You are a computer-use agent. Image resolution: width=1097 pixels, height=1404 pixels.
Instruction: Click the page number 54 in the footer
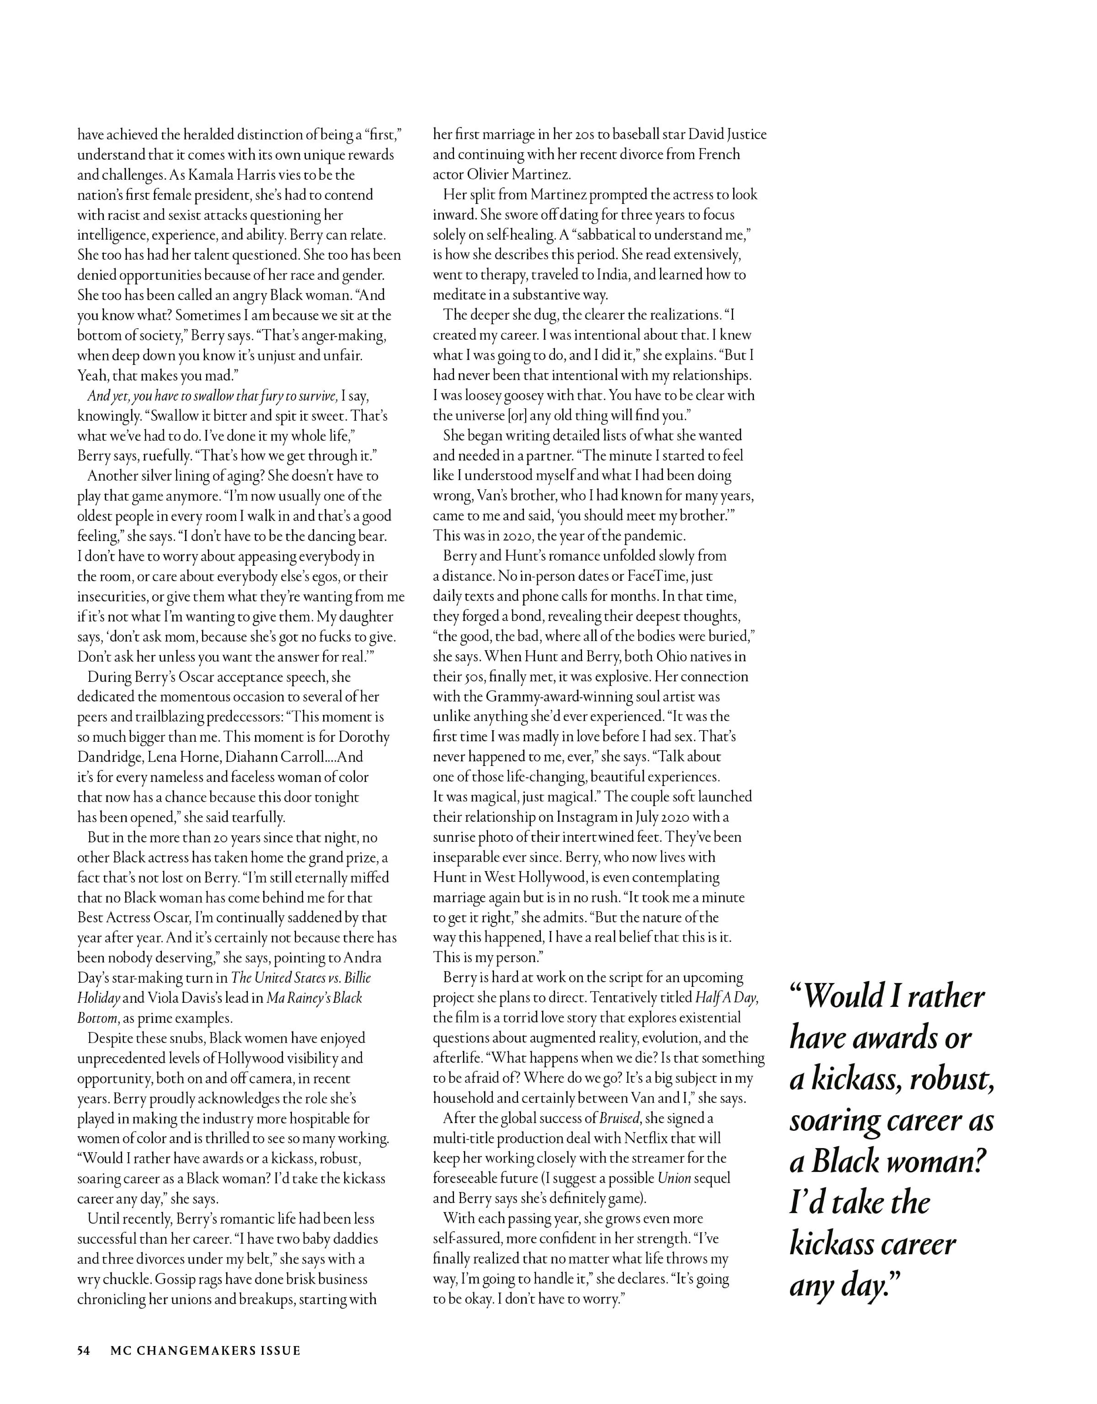pos(84,1351)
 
